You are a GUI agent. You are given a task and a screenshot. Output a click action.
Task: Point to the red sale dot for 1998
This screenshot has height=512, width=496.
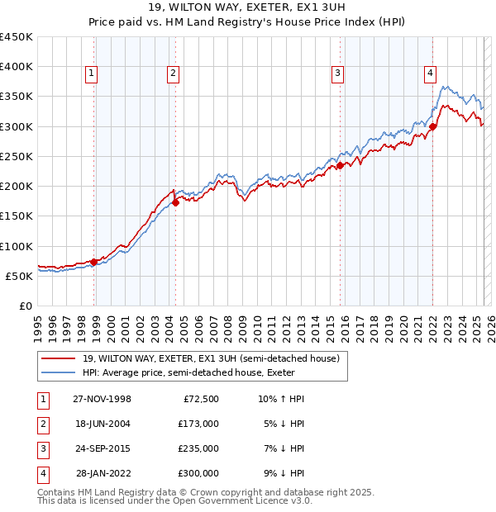tap(93, 263)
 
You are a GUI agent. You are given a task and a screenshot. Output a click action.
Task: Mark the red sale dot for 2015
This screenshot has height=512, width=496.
tap(340, 165)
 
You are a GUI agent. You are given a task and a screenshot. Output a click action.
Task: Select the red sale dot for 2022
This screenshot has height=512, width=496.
tap(433, 126)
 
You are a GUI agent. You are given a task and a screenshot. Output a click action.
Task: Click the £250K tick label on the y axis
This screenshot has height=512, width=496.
tap(17, 156)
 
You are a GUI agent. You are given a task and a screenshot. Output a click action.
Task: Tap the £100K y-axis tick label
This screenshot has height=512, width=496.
tap(17, 246)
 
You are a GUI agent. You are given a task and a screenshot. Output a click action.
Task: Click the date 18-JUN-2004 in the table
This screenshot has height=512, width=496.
tap(102, 423)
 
